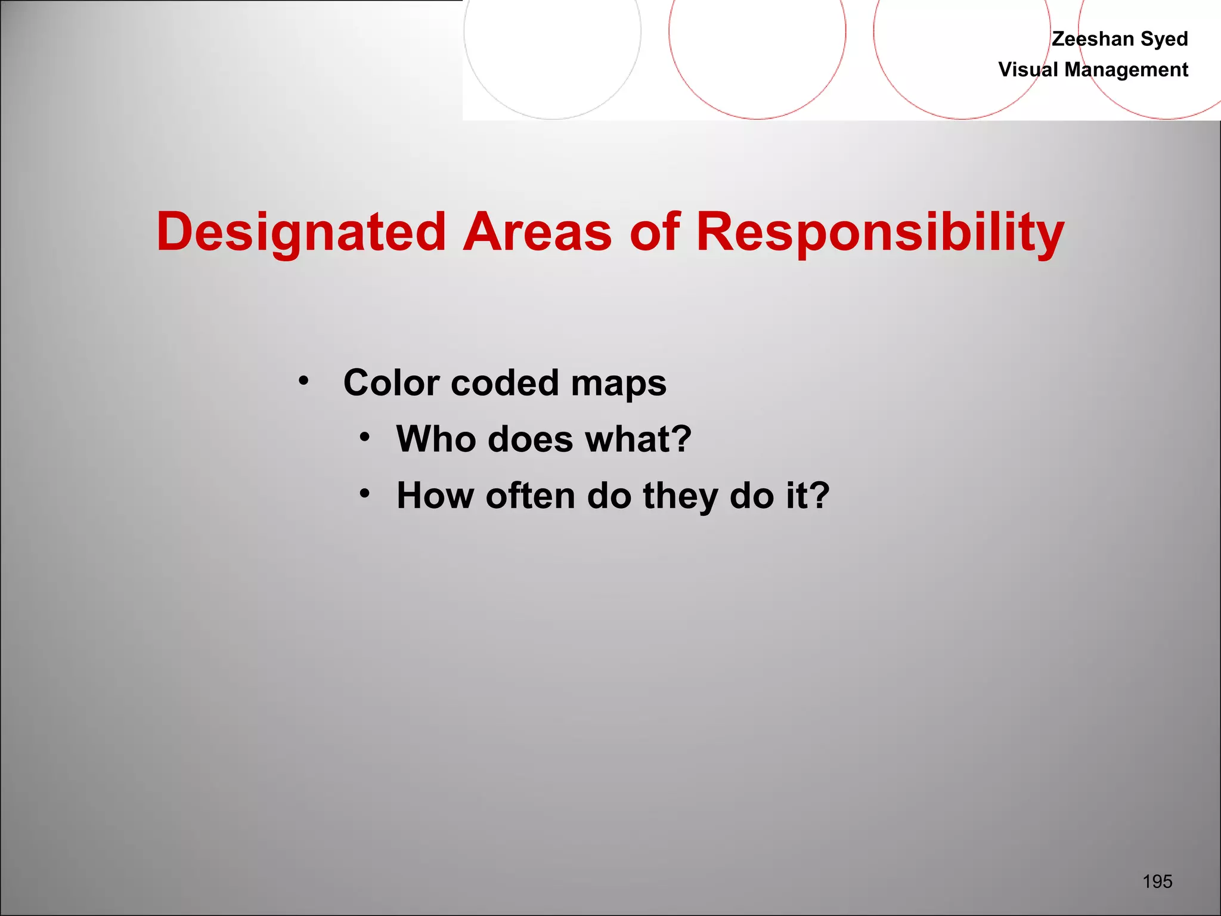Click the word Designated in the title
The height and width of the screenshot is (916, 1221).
point(301,233)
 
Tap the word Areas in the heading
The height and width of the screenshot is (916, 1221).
point(537,231)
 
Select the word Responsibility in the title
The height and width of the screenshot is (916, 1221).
point(880,233)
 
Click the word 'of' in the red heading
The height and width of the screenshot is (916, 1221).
point(655,231)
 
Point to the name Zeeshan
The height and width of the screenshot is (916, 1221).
point(1093,39)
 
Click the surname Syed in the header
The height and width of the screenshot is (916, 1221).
point(1164,39)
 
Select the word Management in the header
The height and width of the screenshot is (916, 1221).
point(1126,70)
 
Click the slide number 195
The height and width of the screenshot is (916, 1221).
point(1157,881)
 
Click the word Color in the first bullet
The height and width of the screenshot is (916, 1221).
point(392,382)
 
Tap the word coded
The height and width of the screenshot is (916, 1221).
point(505,382)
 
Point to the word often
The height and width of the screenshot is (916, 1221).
point(530,496)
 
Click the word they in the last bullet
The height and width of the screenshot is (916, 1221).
point(680,497)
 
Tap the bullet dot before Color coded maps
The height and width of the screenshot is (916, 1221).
point(304,380)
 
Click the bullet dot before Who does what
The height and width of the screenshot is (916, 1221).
point(365,437)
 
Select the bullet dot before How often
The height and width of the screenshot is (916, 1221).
point(365,493)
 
